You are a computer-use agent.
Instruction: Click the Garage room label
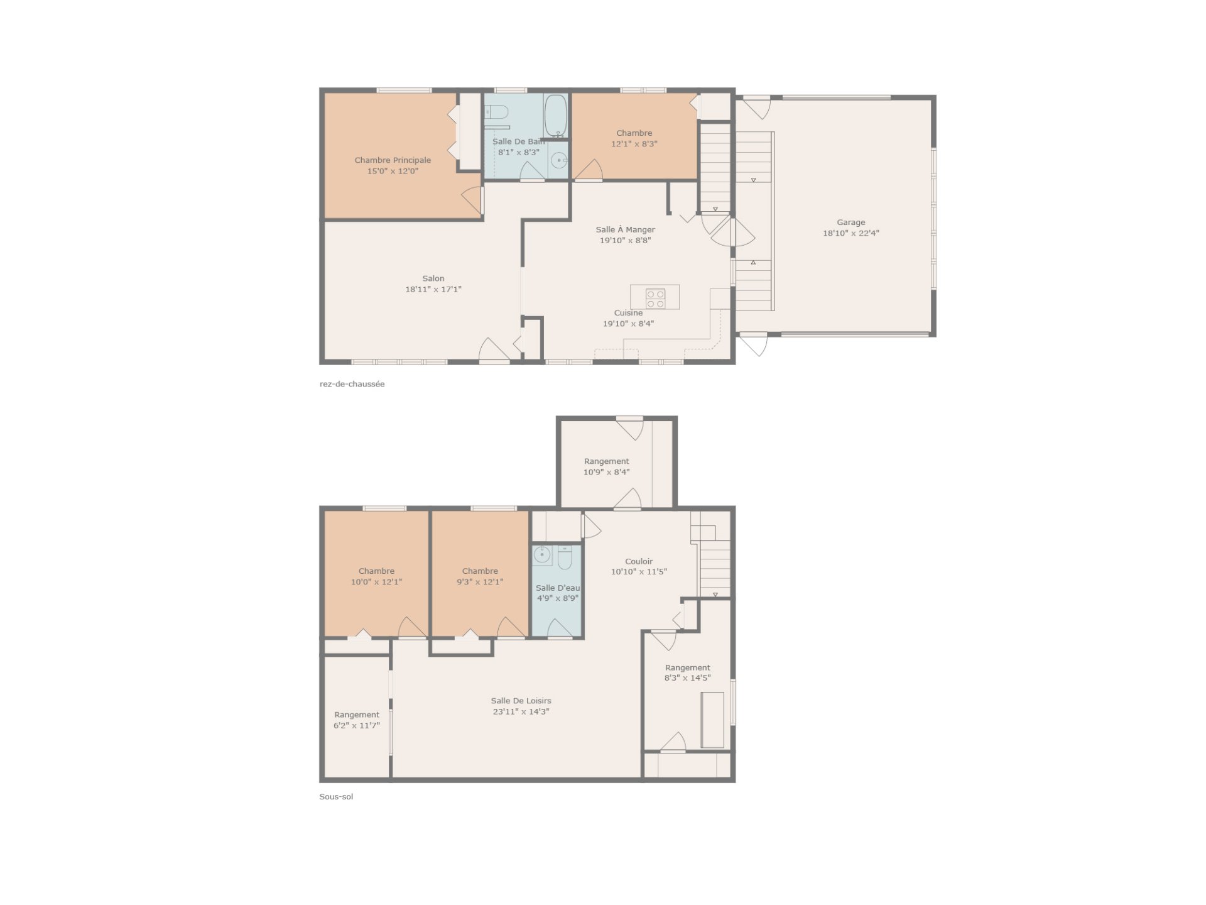(x=850, y=222)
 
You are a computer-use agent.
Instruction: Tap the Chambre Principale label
(x=393, y=160)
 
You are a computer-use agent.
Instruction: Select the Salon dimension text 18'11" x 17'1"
(x=433, y=289)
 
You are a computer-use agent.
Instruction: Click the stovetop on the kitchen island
(x=655, y=299)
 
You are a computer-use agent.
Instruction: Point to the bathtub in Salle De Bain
(x=555, y=116)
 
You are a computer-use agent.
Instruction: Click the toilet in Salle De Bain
(x=496, y=112)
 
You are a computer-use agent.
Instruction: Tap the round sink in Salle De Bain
(x=558, y=161)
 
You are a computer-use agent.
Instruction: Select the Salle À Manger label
(x=625, y=229)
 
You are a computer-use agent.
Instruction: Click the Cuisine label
(x=628, y=313)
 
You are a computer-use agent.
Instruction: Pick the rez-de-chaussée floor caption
(x=352, y=384)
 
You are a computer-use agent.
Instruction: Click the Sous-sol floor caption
(x=336, y=797)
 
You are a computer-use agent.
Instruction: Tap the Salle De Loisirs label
(x=521, y=701)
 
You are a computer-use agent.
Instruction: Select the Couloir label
(x=639, y=561)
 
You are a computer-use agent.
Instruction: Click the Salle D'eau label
(x=557, y=588)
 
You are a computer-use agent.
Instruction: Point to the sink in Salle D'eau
(x=541, y=555)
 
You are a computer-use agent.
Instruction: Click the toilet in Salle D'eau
(x=564, y=557)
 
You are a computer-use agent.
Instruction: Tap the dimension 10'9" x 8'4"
(x=606, y=472)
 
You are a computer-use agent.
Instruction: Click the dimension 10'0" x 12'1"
(x=376, y=582)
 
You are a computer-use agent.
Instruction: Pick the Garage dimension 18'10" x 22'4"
(x=851, y=233)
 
